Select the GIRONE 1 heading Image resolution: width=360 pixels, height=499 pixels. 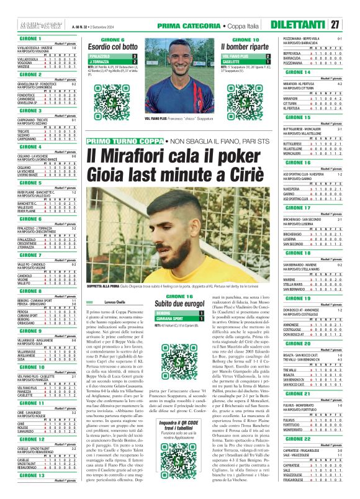pyautogui.click(x=23, y=38)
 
